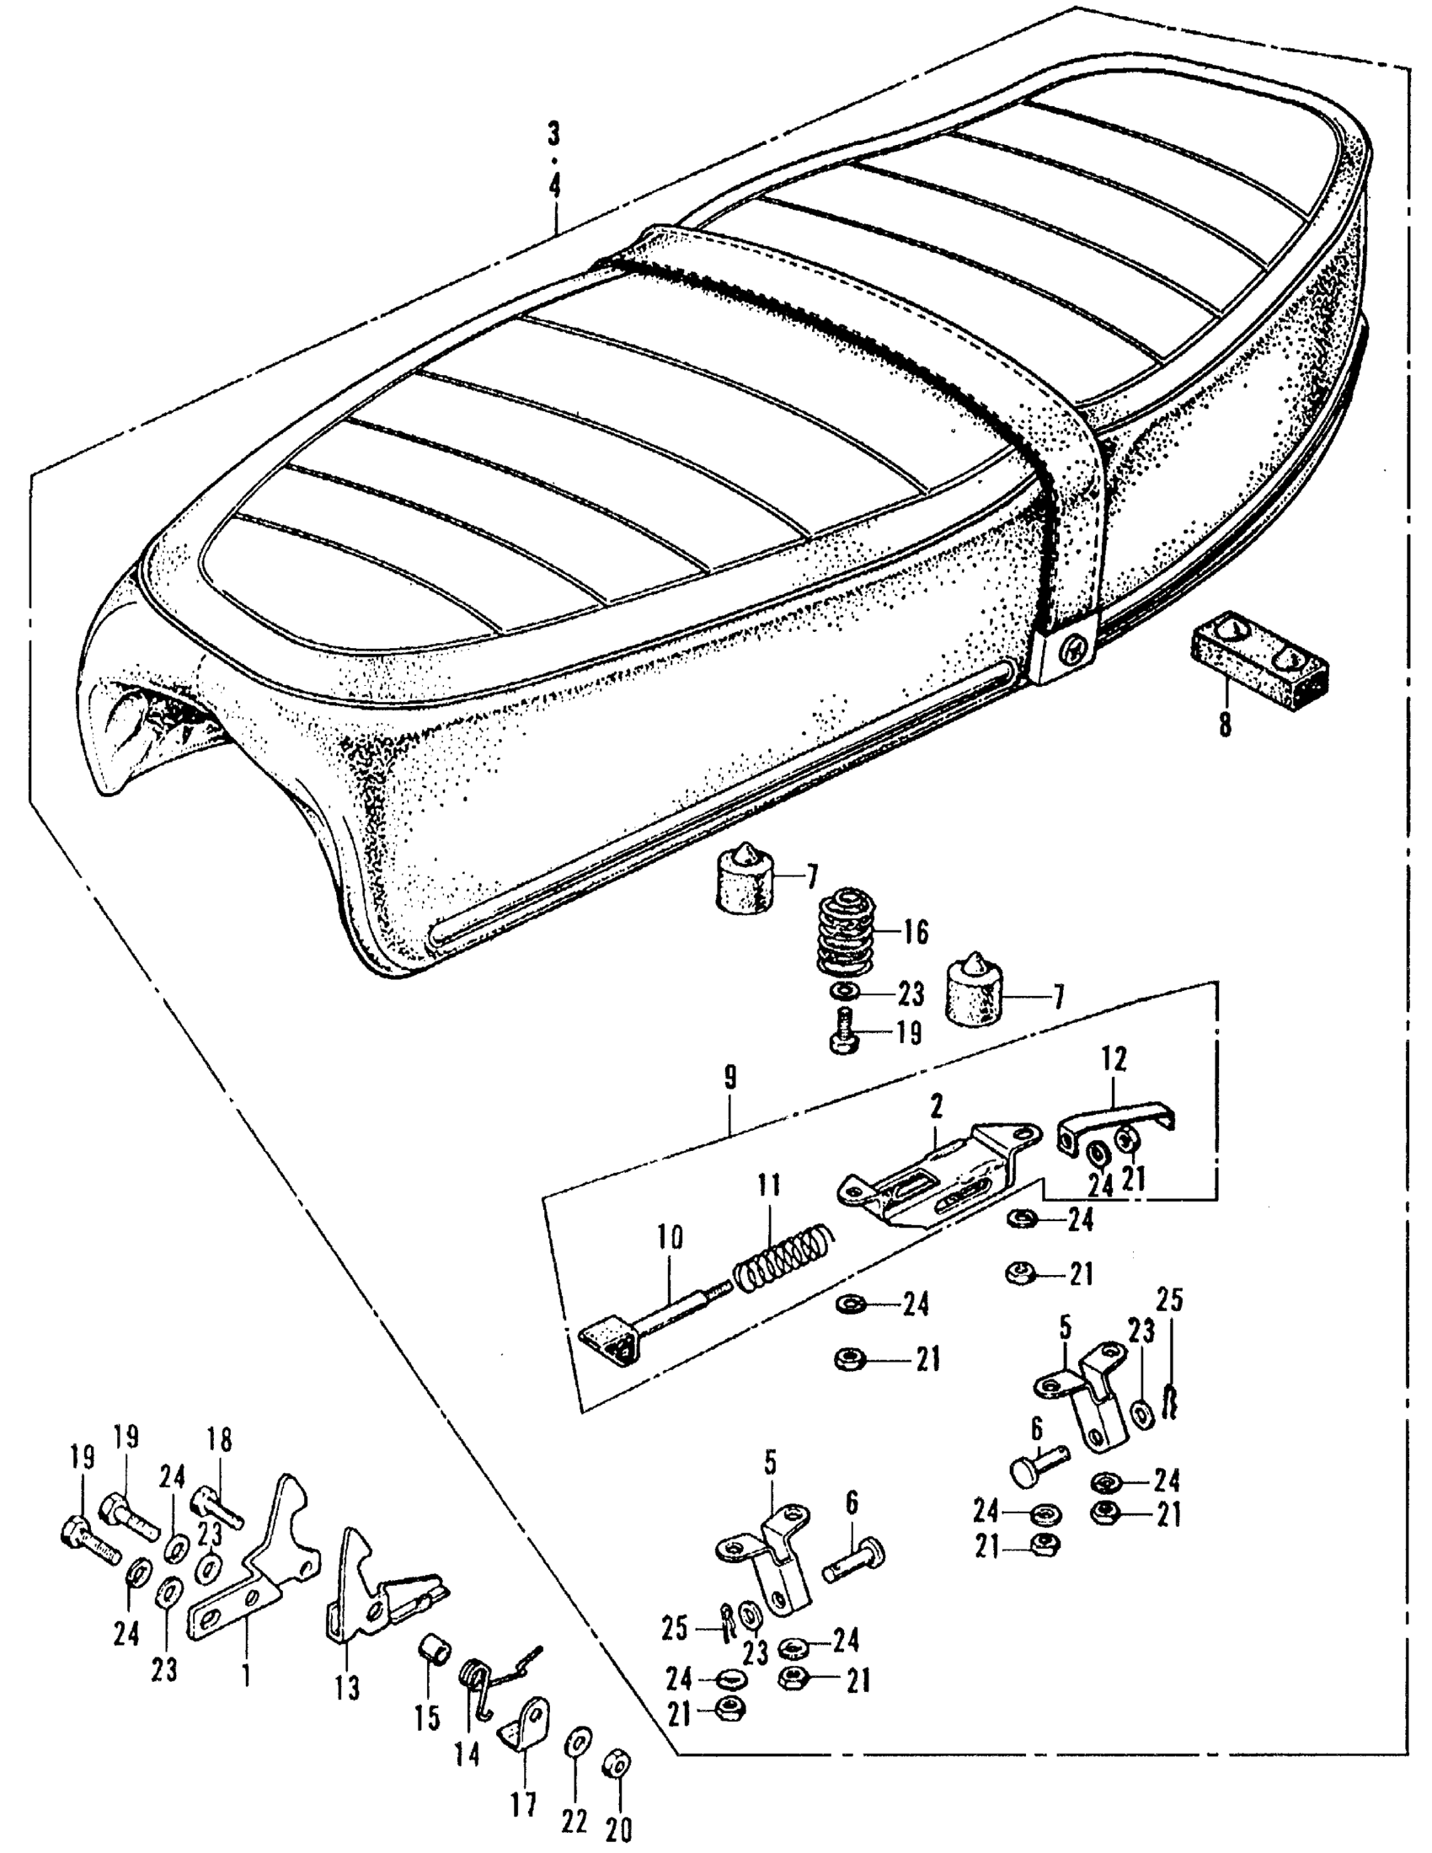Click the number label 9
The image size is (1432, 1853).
(730, 1079)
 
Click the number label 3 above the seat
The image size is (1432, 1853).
(553, 133)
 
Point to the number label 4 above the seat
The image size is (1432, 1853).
(554, 186)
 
